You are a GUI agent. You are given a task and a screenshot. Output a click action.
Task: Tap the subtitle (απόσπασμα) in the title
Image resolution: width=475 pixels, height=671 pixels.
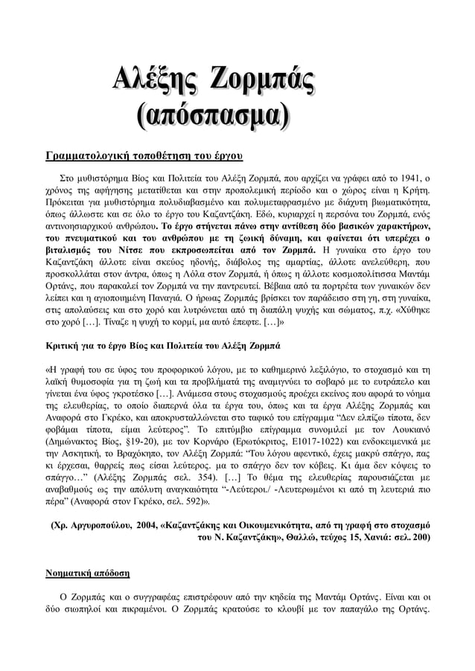pos(212,117)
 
